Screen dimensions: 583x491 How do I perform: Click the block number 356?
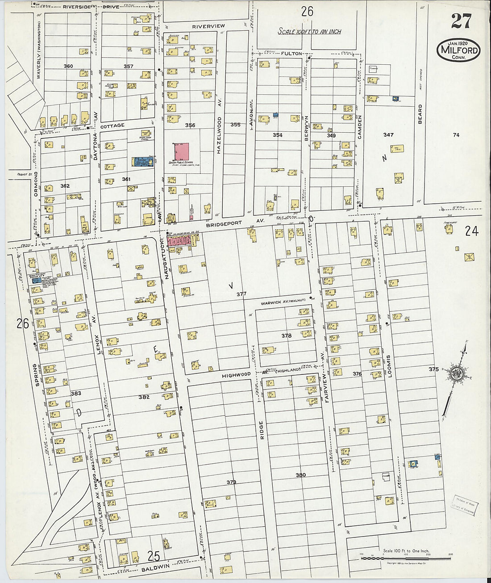[190, 126]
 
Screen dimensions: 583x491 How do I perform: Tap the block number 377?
[241, 294]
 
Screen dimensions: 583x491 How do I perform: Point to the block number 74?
[456, 135]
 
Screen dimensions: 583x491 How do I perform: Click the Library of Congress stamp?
[463, 504]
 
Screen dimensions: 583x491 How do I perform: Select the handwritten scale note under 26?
[309, 31]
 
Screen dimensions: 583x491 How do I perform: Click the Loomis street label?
[389, 366]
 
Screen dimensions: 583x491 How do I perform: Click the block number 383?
[76, 394]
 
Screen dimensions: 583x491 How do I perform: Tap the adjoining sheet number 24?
[471, 231]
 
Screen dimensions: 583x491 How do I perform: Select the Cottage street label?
[112, 126]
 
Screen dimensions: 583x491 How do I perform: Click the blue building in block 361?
[142, 162]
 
